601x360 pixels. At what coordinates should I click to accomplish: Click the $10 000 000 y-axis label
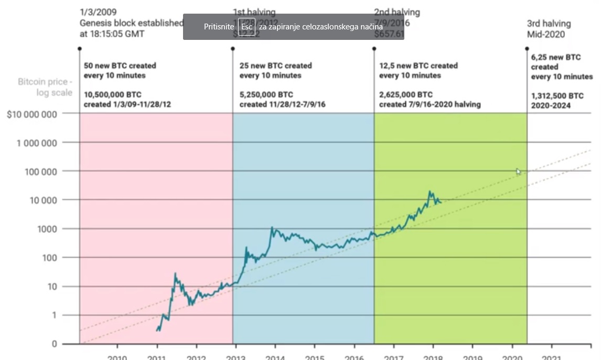[x=32, y=114]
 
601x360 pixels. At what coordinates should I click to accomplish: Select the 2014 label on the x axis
[x=275, y=357]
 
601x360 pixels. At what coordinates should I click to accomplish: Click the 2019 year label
[x=472, y=357]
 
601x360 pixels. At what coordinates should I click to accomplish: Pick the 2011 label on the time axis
[x=156, y=357]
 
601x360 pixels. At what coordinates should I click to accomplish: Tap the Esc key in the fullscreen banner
[x=246, y=27]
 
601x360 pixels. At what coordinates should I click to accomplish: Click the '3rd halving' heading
[x=549, y=24]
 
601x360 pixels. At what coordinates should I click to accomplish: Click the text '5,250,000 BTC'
[x=266, y=95]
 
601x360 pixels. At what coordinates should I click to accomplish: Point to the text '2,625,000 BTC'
[x=406, y=95]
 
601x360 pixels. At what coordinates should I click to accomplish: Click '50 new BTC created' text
[x=120, y=66]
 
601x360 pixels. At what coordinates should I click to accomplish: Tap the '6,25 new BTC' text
[x=556, y=57]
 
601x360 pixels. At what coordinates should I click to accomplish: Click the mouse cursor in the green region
[x=518, y=171]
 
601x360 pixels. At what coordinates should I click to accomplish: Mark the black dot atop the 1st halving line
[x=233, y=48]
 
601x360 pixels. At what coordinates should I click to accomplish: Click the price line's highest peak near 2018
[x=430, y=192]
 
